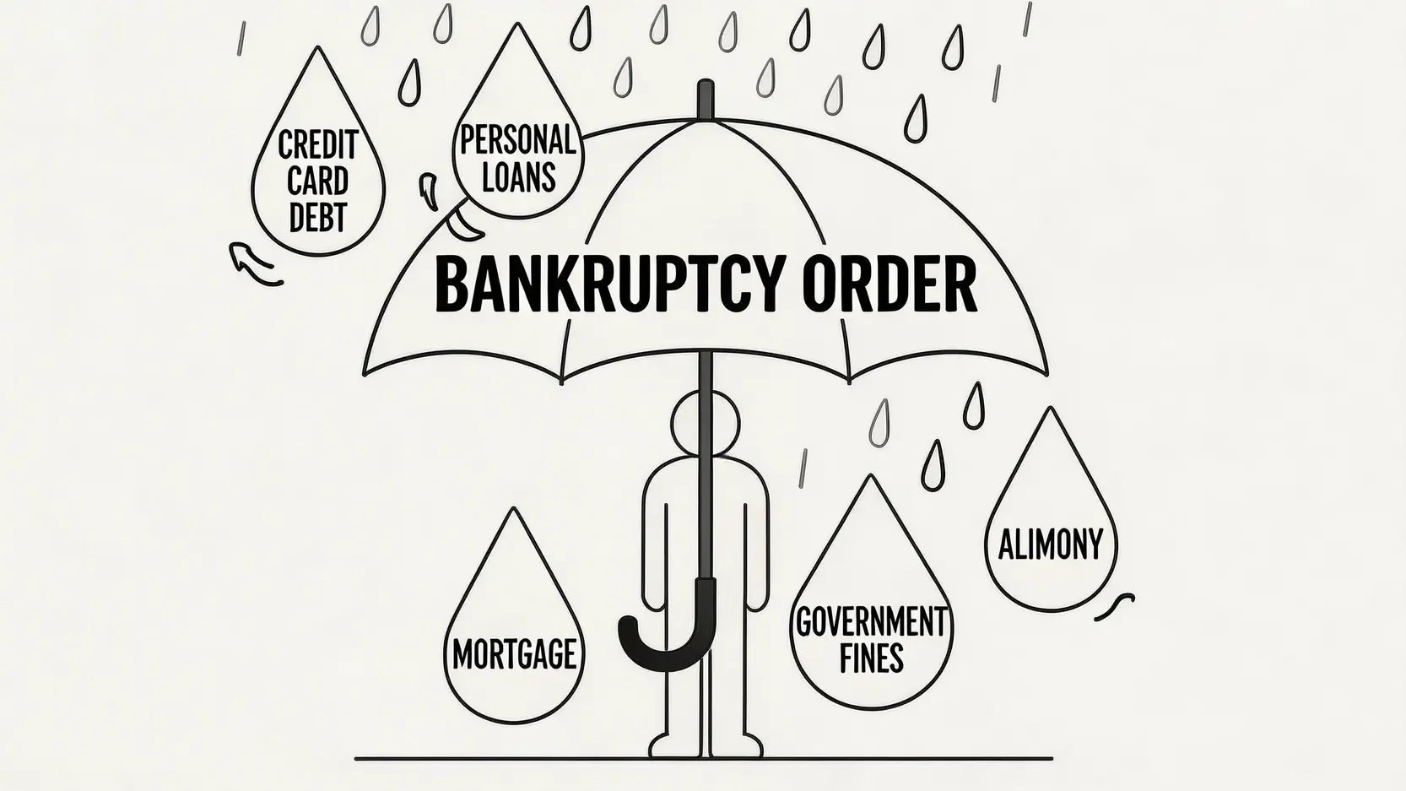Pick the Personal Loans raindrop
click(x=516, y=152)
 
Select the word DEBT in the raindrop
click(x=318, y=217)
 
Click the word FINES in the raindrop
click(x=871, y=658)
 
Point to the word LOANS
click(x=518, y=177)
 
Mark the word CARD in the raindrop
click(x=318, y=181)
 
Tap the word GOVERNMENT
click(x=871, y=623)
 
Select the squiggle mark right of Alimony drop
click(x=1115, y=605)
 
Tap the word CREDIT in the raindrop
click(x=318, y=144)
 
